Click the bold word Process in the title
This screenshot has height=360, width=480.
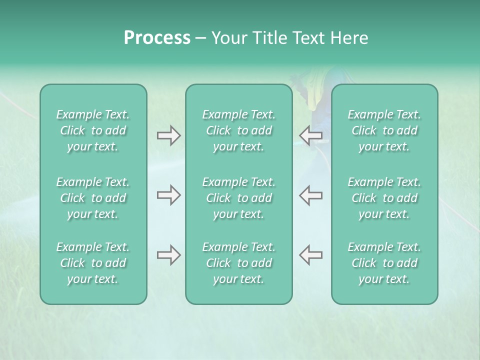point(157,38)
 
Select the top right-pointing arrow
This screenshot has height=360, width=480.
point(168,135)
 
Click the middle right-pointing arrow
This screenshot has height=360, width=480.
point(168,195)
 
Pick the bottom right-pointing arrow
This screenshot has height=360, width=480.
point(168,255)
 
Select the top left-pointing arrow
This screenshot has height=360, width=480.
point(310,135)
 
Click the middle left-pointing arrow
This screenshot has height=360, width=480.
point(310,195)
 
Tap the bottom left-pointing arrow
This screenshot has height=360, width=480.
point(310,255)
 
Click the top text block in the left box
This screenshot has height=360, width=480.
point(93,130)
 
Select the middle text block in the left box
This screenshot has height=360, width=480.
point(93,198)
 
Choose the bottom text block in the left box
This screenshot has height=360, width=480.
point(93,263)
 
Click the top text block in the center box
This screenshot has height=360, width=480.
point(239,130)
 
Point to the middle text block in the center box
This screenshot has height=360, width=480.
point(239,198)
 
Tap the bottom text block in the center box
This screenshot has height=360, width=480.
point(239,263)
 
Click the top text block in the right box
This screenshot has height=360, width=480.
point(384,130)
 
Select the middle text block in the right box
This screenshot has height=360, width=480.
point(384,198)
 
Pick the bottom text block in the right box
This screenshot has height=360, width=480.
point(384,263)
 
